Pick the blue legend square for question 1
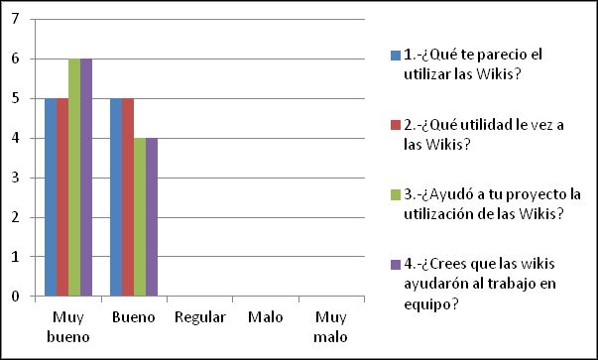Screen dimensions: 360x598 [x=395, y=54]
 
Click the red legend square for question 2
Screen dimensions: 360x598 [x=395, y=125]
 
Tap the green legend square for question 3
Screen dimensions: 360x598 [x=395, y=196]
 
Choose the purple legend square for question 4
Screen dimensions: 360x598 [x=395, y=264]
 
